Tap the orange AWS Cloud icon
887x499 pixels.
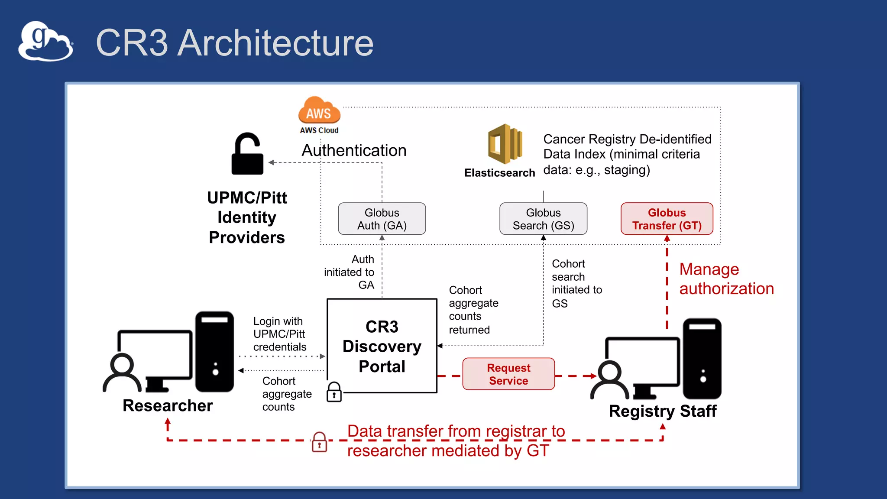pyautogui.click(x=319, y=111)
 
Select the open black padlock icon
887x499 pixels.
pyautogui.click(x=247, y=154)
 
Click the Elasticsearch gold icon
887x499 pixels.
pyautogui.click(x=505, y=144)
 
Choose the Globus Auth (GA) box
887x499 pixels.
pyautogui.click(x=382, y=219)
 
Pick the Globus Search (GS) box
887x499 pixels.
pyautogui.click(x=543, y=219)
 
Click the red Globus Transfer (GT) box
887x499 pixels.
pyautogui.click(x=667, y=219)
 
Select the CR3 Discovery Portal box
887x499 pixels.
pyautogui.click(x=382, y=346)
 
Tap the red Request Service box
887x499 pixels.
pyautogui.click(x=508, y=374)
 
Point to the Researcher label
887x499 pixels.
pyautogui.click(x=168, y=406)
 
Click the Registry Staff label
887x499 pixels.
pyautogui.click(x=662, y=411)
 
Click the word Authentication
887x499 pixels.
pyautogui.click(x=354, y=150)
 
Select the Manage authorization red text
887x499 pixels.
pyautogui.click(x=726, y=279)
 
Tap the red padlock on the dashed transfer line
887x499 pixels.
pyautogui.click(x=320, y=442)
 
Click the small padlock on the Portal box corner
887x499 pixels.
pyautogui.click(x=334, y=392)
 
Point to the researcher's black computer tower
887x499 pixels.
pyautogui.click(x=214, y=351)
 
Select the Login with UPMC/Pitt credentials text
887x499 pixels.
pyautogui.click(x=279, y=334)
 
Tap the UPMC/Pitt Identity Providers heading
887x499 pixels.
pyautogui.click(x=247, y=217)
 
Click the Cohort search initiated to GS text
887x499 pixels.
pyautogui.click(x=576, y=283)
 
